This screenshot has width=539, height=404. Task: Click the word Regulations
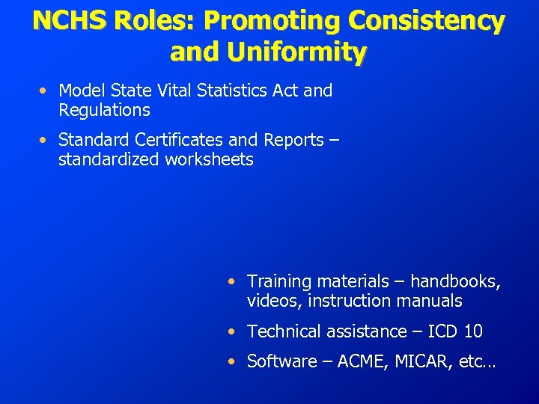tap(104, 111)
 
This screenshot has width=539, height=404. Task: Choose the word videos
tap(269, 301)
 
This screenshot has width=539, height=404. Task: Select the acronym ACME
tap(362, 361)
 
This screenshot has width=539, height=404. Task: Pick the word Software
tap(281, 361)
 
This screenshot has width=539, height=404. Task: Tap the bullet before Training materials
tap(234, 282)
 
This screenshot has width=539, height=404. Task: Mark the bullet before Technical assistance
tap(234, 331)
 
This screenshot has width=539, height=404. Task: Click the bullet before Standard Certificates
tap(46, 141)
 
